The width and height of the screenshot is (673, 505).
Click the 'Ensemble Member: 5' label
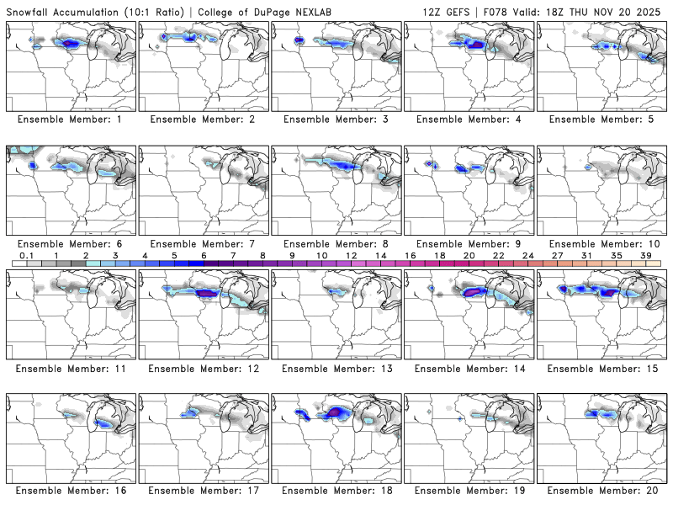tap(601, 120)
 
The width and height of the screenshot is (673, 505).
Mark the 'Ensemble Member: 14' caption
tap(469, 368)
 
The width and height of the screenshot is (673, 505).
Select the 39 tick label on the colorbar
tap(646, 255)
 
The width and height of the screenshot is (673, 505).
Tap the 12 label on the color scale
tap(351, 255)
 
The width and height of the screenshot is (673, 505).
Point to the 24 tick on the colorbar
tap(527, 255)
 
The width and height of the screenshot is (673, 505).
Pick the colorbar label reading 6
tap(204, 255)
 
